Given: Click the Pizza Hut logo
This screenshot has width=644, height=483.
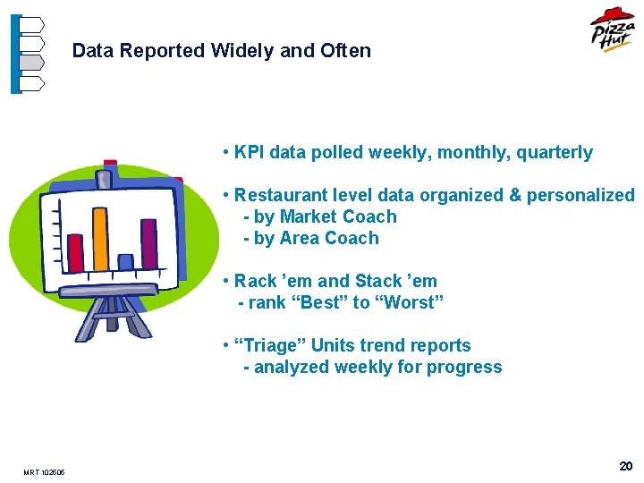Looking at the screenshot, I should [612, 32].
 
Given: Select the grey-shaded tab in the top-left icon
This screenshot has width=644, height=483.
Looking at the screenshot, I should [31, 63].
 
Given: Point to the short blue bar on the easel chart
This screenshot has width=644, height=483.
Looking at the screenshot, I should [125, 261].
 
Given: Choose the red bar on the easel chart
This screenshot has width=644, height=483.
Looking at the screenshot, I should [76, 252].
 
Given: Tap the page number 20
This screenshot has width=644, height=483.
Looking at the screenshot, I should [625, 467].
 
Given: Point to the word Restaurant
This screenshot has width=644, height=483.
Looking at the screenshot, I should [279, 195].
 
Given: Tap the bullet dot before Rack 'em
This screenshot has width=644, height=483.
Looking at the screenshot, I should [227, 282].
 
